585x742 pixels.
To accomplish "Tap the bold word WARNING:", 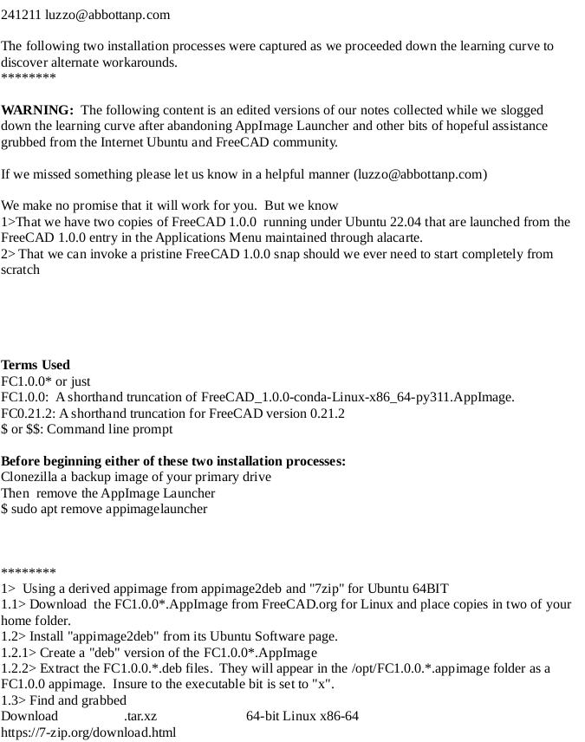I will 37,110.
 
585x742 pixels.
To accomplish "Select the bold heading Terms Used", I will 36,365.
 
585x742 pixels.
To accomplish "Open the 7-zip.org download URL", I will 88,732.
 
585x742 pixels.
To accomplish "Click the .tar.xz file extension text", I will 140,716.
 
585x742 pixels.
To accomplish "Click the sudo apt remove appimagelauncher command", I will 109,509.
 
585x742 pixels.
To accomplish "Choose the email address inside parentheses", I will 420,174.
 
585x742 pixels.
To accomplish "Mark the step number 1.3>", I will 15,700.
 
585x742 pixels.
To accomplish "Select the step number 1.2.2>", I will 20,668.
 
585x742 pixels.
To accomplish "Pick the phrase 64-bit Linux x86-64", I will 302,716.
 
